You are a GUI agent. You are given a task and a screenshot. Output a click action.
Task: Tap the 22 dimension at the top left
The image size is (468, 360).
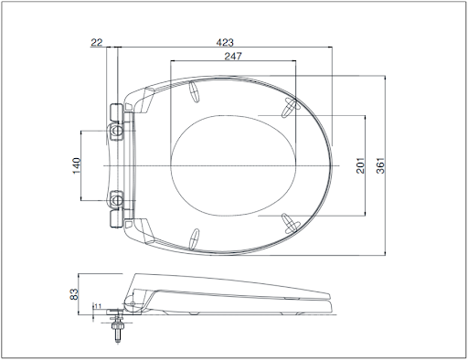coord(98,42)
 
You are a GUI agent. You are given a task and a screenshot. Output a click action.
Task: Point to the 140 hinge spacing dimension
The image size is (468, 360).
coord(77,164)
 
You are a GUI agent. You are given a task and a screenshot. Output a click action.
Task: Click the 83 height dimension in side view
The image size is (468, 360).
coord(76,295)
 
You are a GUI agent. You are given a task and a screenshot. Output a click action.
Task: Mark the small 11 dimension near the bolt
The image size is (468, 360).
coord(97,308)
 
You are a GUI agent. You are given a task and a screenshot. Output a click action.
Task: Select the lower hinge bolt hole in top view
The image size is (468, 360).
coord(117,198)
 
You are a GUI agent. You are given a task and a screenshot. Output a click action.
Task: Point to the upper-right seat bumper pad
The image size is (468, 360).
coord(291,108)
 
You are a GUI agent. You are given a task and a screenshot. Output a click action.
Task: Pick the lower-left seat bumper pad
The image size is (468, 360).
coord(195,238)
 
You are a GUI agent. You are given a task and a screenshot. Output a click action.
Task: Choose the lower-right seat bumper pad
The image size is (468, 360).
coord(291,222)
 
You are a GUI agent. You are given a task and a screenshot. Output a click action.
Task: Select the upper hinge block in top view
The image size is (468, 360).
coord(117,112)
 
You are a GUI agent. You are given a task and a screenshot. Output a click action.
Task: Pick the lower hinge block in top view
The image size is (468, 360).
coord(117,218)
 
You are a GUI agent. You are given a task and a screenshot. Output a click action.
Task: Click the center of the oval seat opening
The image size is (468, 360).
coord(234,165)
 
